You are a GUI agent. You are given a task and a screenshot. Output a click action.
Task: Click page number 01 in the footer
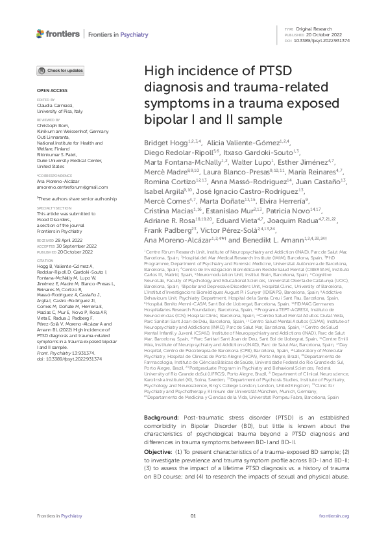[x=193, y=534]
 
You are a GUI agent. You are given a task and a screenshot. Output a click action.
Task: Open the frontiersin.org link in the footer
[x=335, y=534]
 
